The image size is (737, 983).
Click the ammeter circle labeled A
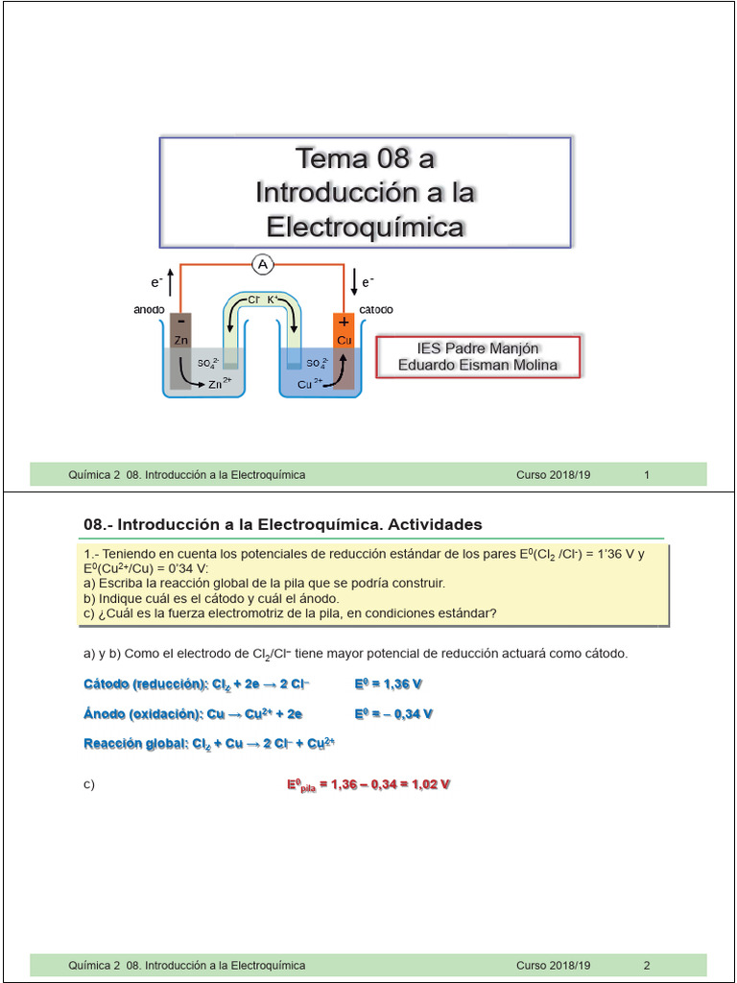(x=263, y=264)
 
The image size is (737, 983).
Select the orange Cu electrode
(x=345, y=341)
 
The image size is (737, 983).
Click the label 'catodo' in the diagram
(x=375, y=310)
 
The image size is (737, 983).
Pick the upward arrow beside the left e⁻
(x=171, y=281)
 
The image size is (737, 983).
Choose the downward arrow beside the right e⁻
(x=354, y=281)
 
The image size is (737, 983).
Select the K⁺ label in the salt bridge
(x=273, y=300)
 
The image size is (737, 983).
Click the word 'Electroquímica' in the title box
(x=365, y=228)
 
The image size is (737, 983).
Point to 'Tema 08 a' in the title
(x=365, y=157)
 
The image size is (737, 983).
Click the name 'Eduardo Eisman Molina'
(x=477, y=365)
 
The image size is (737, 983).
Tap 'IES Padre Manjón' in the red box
(x=477, y=348)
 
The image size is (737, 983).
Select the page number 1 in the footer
(x=647, y=474)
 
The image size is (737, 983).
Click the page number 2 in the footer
(x=647, y=965)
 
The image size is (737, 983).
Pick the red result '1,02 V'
(x=426, y=784)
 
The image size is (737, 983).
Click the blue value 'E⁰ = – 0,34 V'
(x=393, y=713)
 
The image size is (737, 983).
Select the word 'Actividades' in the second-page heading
(x=433, y=524)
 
